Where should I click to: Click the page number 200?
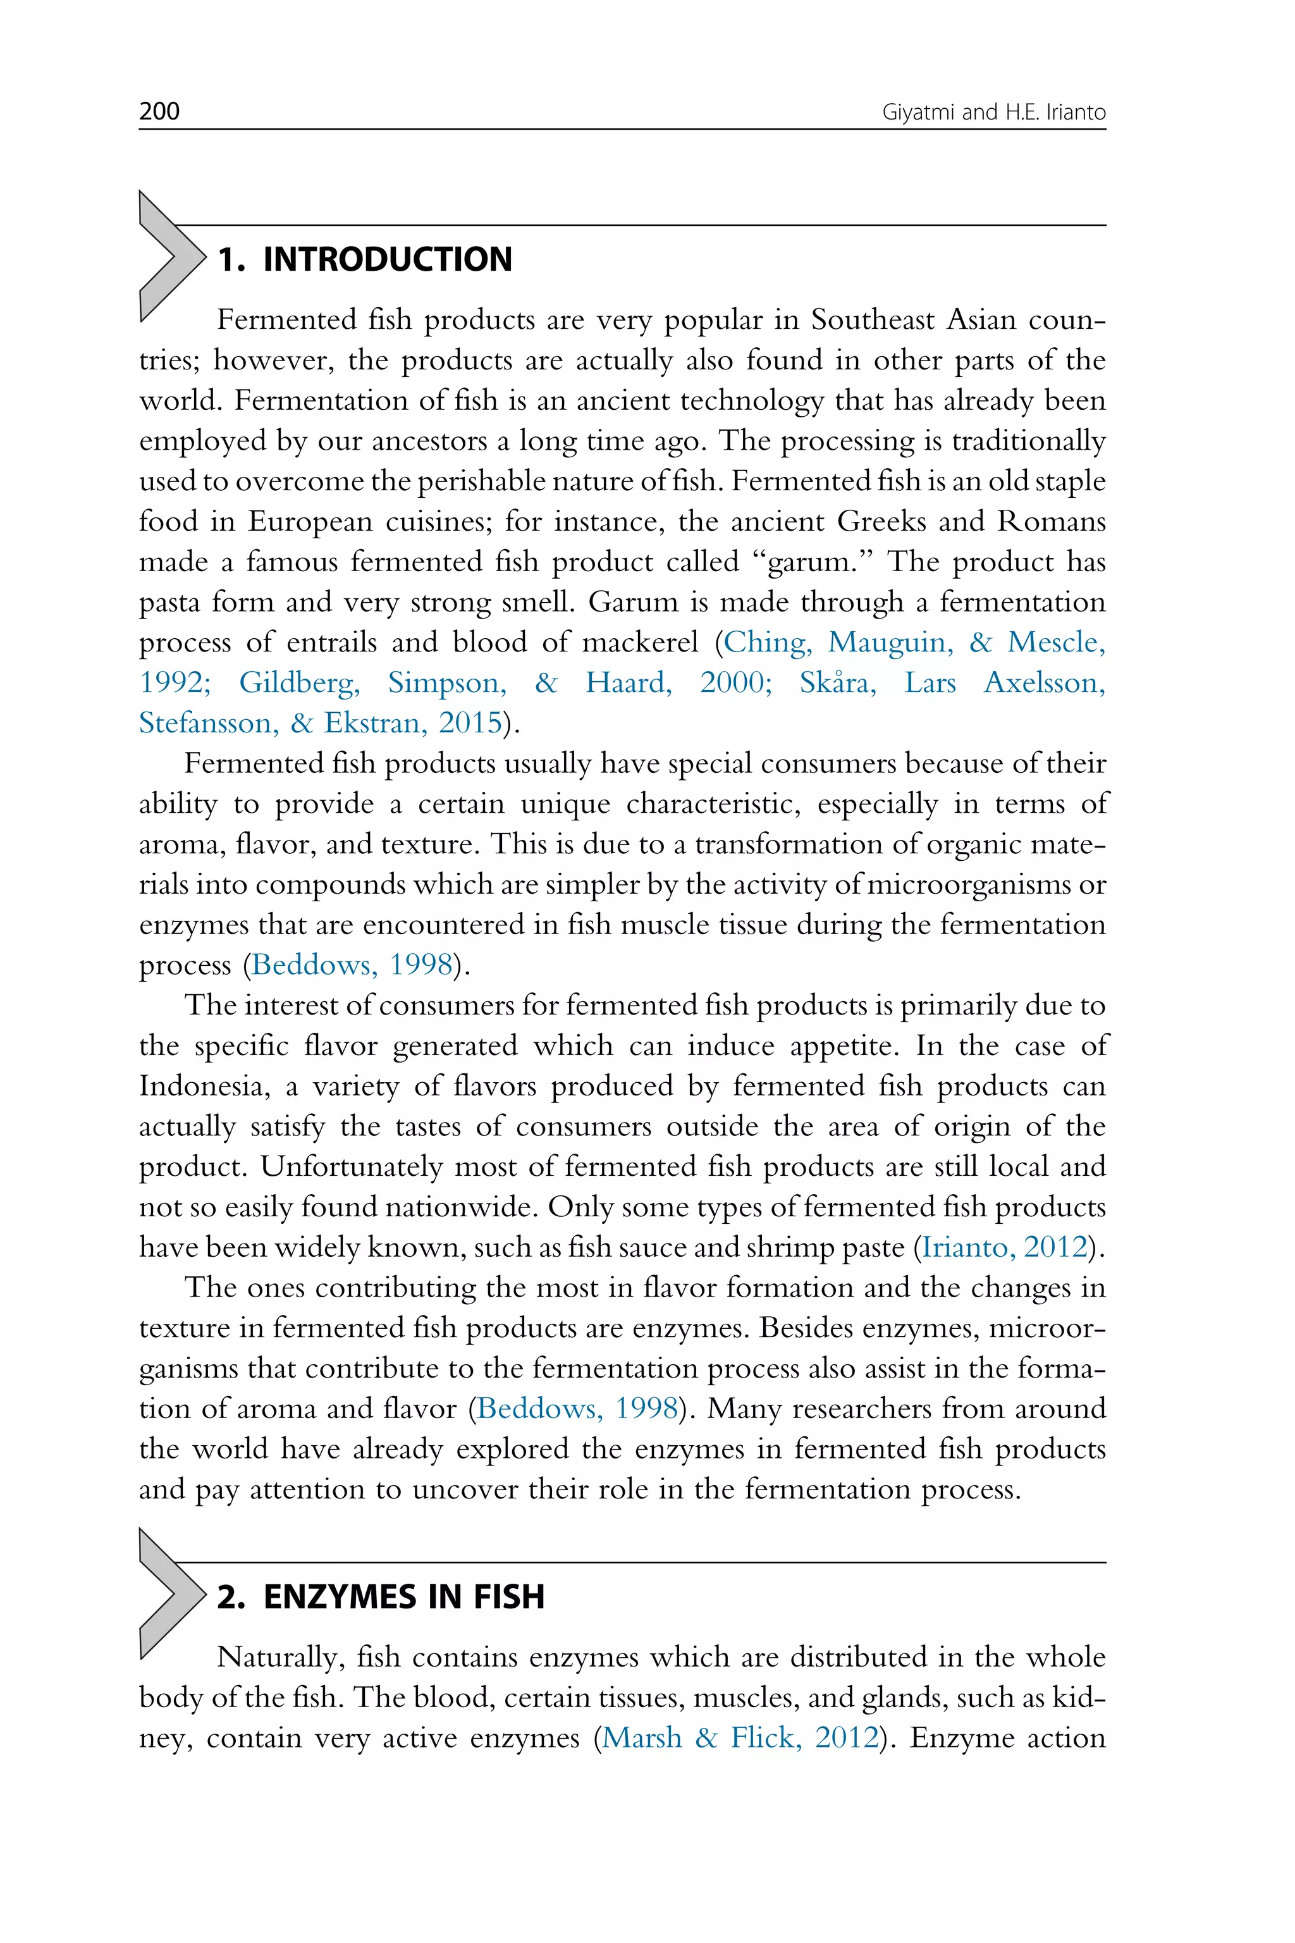tap(159, 111)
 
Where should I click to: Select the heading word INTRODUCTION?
tap(388, 259)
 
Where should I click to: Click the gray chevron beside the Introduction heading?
tap(168, 256)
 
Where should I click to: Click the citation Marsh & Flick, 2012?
tap(739, 1737)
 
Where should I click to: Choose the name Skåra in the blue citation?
tap(836, 682)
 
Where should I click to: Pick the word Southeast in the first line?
tap(871, 319)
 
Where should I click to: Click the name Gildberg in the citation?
tap(299, 682)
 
